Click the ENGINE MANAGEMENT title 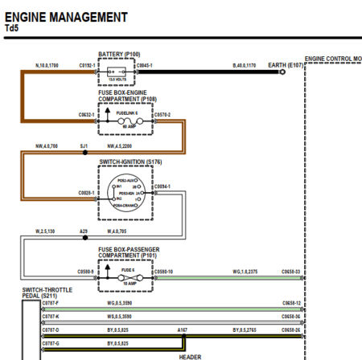66,16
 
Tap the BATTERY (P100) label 116,55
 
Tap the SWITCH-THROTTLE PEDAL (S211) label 45,292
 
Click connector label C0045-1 145,64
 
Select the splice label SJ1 84,146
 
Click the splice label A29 84,231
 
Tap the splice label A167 183,329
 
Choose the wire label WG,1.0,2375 245,272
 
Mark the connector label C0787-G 51,342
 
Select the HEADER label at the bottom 190,356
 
